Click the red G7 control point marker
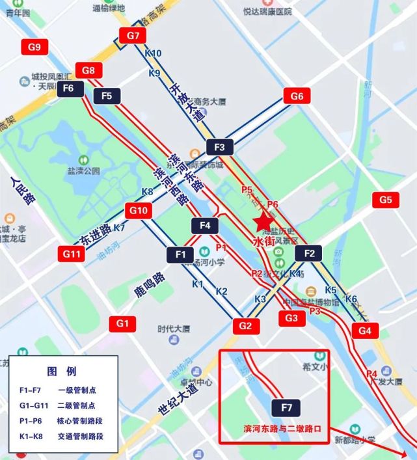click(134, 36)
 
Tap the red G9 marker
click(34, 47)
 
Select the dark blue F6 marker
click(69, 88)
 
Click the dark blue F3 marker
click(219, 148)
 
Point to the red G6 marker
click(297, 96)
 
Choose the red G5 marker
click(386, 200)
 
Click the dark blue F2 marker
click(309, 253)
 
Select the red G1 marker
click(123, 323)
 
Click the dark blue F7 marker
click(287, 409)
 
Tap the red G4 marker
click(365, 331)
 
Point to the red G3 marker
click(291, 318)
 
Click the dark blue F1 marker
click(180, 254)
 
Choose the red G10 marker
click(139, 211)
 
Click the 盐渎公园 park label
click(84, 170)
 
